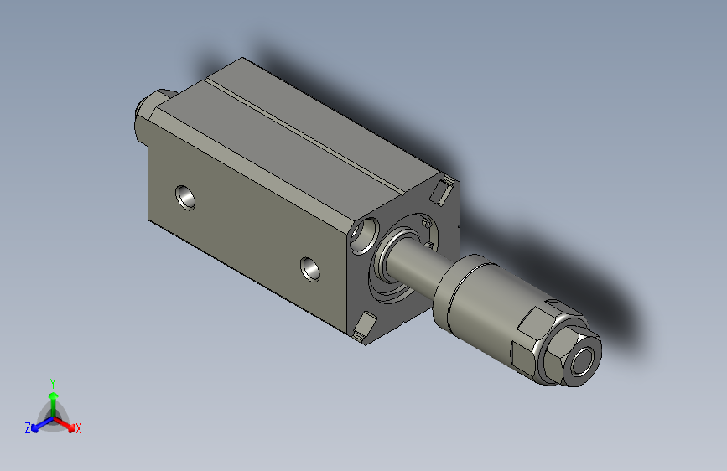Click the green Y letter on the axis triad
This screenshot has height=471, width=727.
(x=52, y=381)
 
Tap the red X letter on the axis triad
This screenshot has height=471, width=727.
(x=79, y=428)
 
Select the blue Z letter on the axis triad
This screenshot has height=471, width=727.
(x=28, y=427)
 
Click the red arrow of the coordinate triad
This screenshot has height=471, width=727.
(x=67, y=423)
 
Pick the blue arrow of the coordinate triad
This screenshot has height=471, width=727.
(x=39, y=423)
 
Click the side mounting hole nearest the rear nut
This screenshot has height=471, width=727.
(x=185, y=198)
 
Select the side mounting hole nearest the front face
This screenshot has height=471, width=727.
(x=311, y=269)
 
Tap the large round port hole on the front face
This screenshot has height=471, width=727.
(x=366, y=235)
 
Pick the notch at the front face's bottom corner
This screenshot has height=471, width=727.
(x=365, y=327)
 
